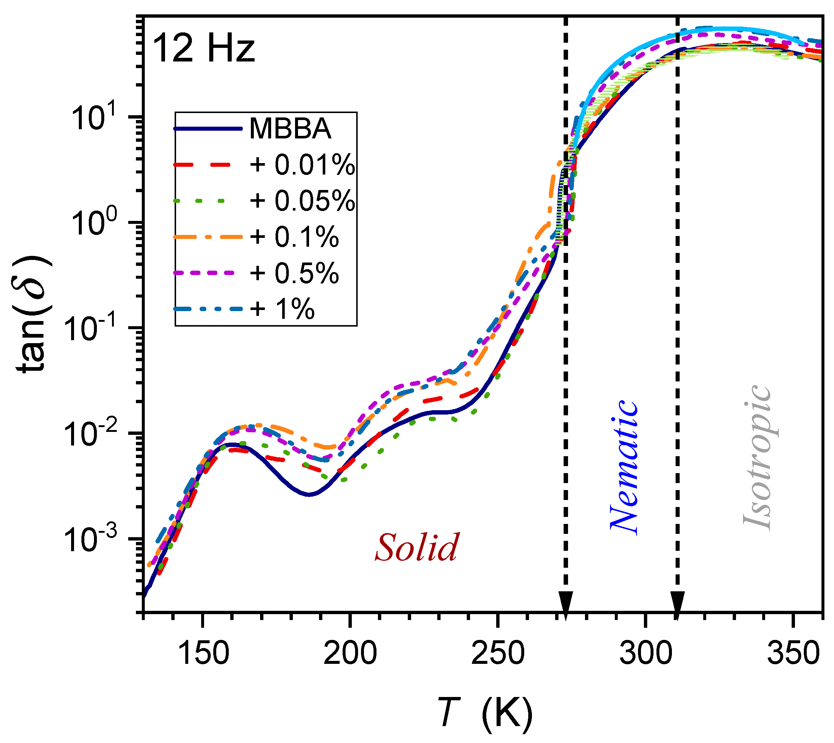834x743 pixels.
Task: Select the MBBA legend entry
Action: click(290, 129)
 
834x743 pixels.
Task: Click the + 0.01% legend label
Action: click(302, 165)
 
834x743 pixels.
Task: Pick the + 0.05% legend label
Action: click(302, 201)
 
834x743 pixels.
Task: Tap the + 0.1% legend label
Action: click(294, 237)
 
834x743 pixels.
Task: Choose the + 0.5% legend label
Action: click(294, 273)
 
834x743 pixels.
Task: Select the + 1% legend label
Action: click(282, 309)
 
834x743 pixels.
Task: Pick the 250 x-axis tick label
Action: click(497, 654)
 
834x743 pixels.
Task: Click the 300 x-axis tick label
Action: click(645, 654)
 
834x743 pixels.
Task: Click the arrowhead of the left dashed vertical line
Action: click(565, 602)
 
